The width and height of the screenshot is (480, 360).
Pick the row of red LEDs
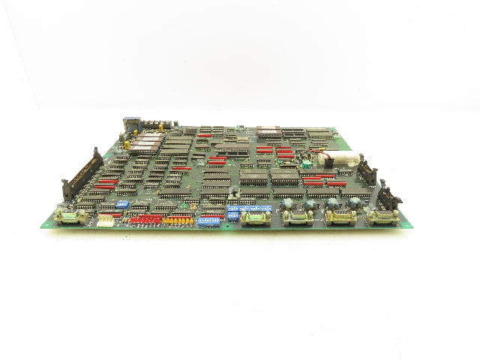[x=146, y=219]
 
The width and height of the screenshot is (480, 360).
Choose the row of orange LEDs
[x=180, y=220]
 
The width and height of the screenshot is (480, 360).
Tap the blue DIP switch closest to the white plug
[x=123, y=203]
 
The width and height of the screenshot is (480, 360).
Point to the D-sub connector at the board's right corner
[x=384, y=217]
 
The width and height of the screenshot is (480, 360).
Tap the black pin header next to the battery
[x=367, y=172]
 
